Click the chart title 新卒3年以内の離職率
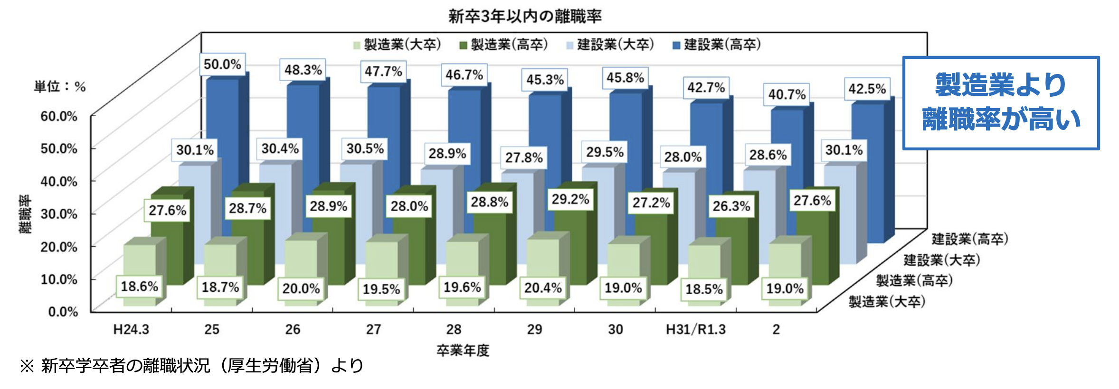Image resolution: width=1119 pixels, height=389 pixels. tap(525, 17)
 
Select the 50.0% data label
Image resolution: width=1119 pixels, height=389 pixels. tap(222, 65)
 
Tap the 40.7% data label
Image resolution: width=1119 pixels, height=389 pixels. tap(787, 94)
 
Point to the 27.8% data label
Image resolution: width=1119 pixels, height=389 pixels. tap(524, 157)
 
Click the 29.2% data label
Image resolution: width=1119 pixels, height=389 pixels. tap(570, 199)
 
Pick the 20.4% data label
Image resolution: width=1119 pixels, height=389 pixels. tap(543, 288)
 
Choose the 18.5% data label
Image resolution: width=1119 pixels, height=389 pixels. tap(704, 289)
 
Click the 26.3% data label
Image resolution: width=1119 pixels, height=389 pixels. tap(731, 206)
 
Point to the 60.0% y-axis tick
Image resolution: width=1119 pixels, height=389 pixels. tap(59, 116)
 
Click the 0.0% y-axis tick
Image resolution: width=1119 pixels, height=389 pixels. tap(63, 312)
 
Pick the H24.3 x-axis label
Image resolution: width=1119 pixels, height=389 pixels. tap(131, 329)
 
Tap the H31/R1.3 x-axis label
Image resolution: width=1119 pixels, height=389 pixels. tap(696, 329)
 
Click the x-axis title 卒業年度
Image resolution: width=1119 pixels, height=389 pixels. tap(463, 351)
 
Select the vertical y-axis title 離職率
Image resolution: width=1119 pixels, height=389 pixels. tap(25, 214)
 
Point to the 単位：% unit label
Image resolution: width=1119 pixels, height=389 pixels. tap(60, 87)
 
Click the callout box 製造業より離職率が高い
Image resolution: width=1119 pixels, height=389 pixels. tap(1001, 103)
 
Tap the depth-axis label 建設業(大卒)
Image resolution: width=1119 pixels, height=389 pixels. tap(941, 260)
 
